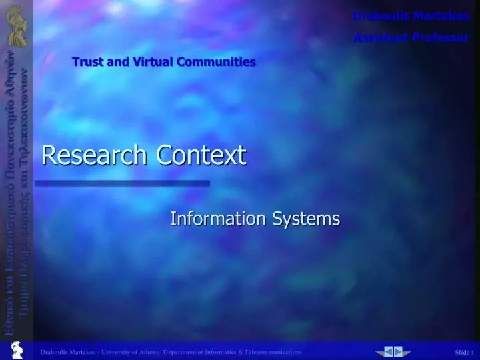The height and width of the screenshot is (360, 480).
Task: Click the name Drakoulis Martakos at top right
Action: click(x=411, y=16)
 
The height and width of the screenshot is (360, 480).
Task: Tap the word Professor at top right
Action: click(x=444, y=37)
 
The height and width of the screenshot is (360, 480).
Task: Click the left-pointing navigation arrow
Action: click(x=388, y=351)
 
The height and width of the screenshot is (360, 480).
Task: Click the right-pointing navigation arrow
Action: click(x=399, y=351)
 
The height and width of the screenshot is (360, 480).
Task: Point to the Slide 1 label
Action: click(x=464, y=352)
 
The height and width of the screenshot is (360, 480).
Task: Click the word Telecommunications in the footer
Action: click(x=271, y=352)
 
